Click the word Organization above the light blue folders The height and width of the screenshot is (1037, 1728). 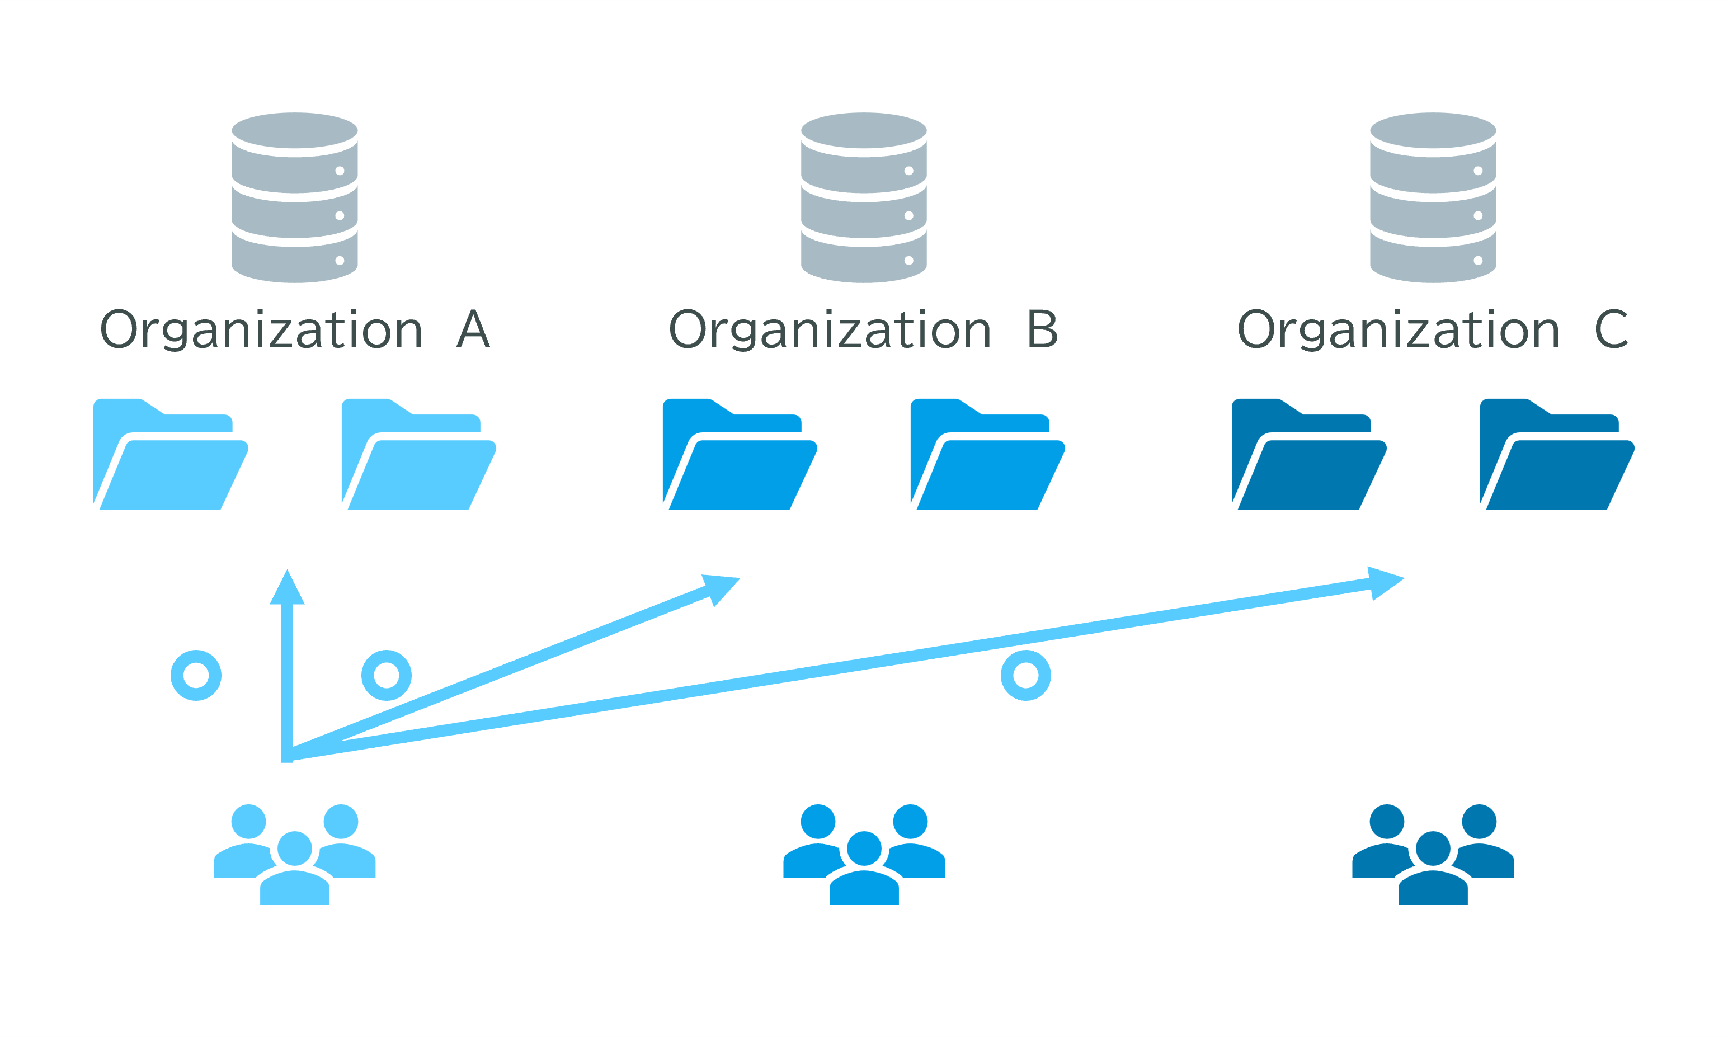point(261,330)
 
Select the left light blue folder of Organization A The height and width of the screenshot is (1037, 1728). point(171,454)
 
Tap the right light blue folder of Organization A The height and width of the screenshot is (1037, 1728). point(418,454)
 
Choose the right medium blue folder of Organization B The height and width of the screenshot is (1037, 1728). point(987,454)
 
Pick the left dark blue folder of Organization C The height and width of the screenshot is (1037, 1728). point(1309,454)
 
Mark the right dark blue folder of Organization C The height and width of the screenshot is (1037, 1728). point(1557,454)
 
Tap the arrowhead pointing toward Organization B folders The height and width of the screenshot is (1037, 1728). point(720,589)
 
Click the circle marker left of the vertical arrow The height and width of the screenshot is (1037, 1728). point(196,675)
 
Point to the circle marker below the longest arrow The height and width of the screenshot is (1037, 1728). point(1026,675)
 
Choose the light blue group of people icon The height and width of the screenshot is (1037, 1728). point(294,854)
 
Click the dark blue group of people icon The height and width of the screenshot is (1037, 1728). point(1433,854)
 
